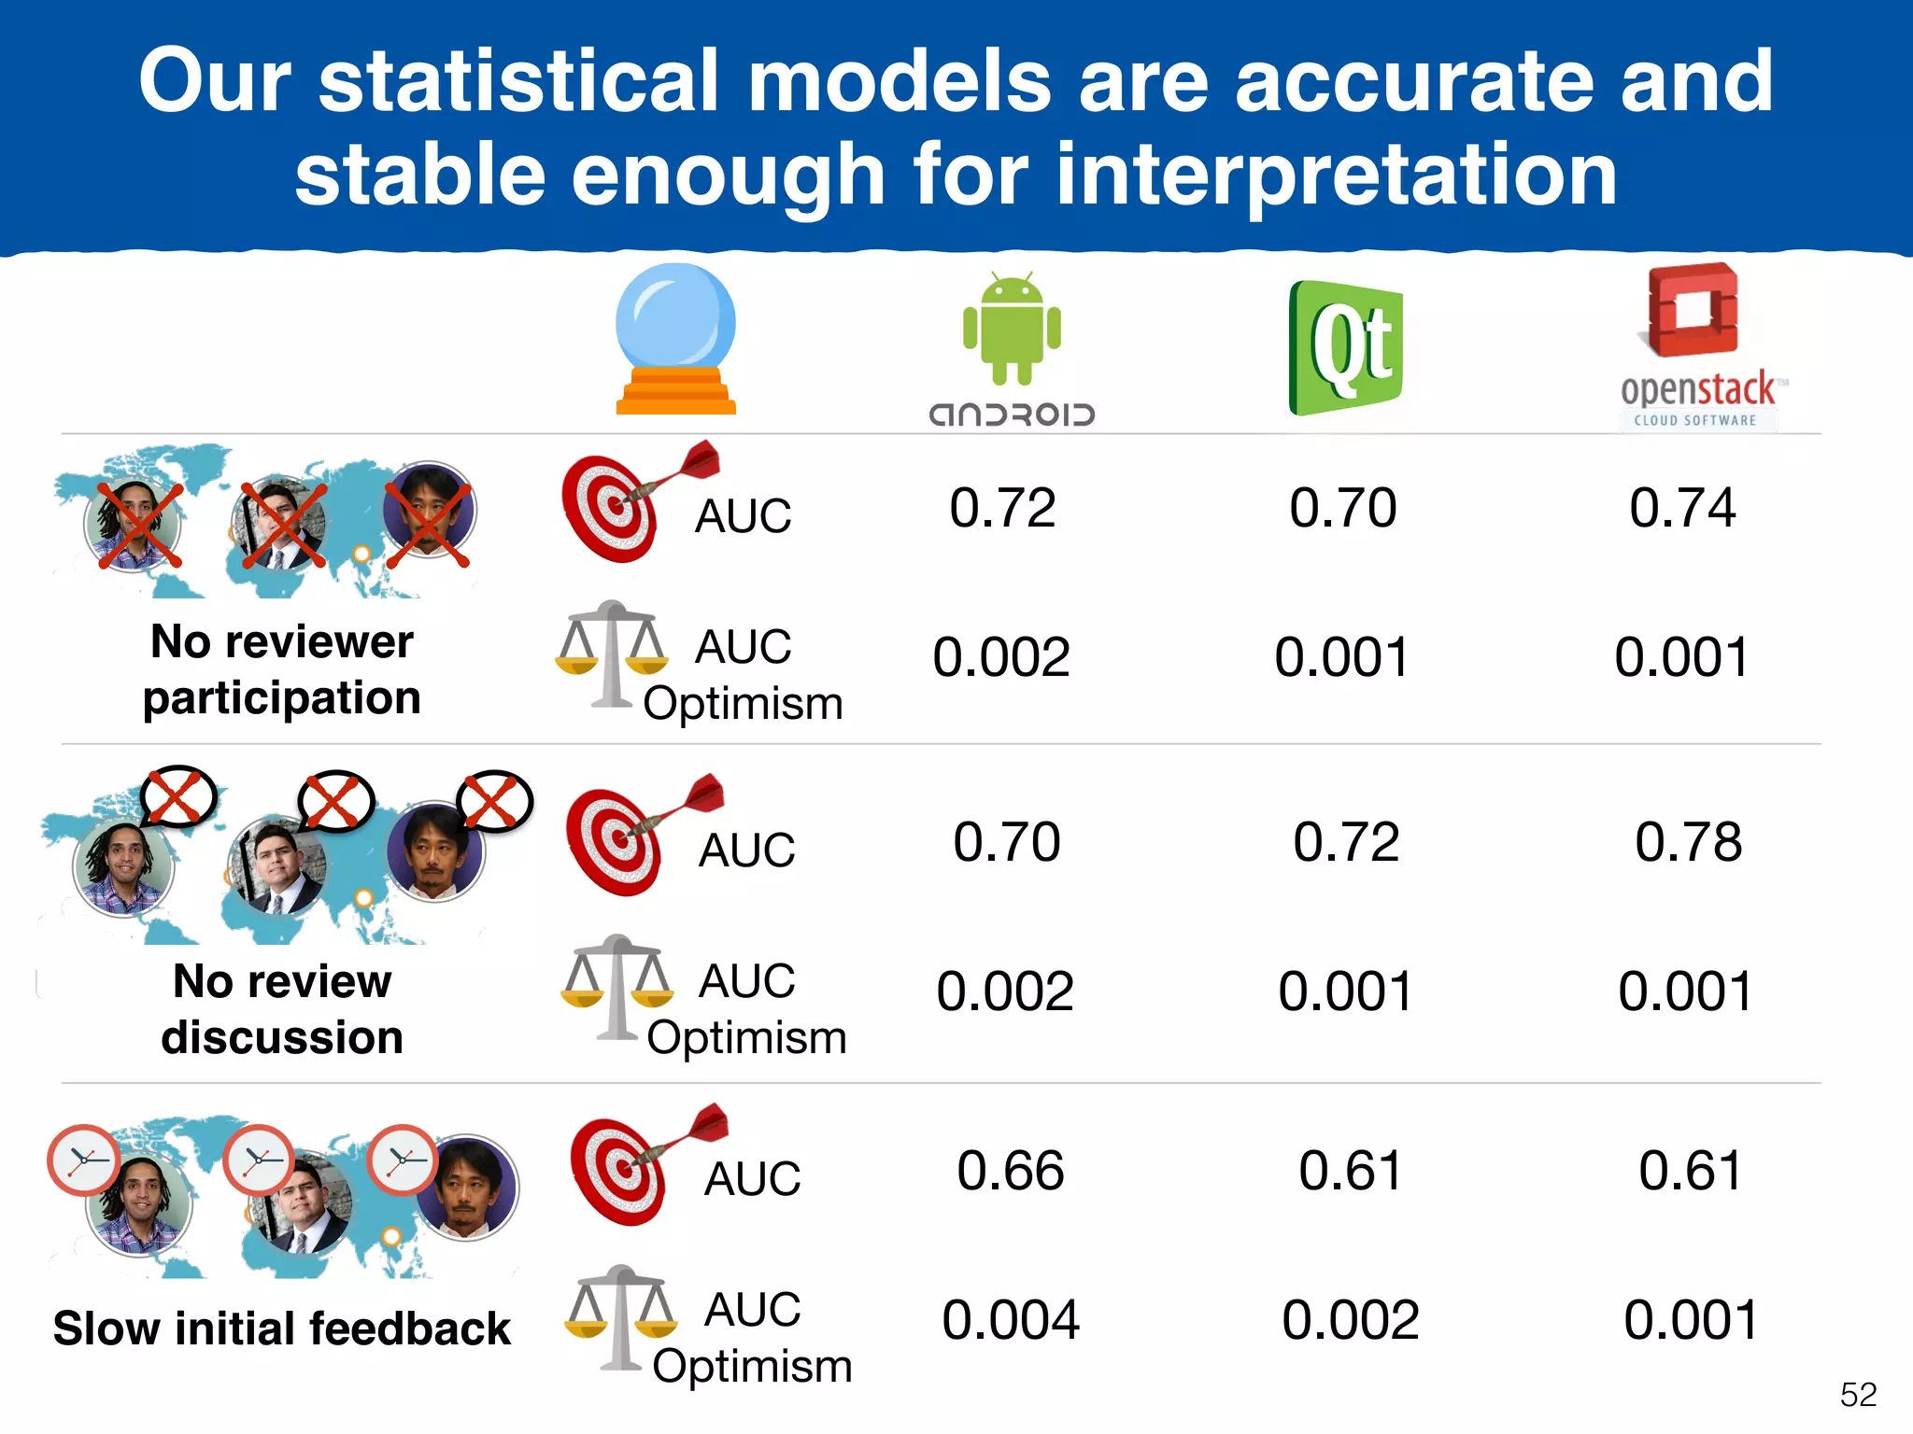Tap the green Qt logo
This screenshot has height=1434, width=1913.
point(1346,347)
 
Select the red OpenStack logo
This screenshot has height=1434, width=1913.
point(1693,311)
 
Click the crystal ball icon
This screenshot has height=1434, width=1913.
point(675,338)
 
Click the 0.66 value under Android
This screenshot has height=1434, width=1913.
point(1010,1170)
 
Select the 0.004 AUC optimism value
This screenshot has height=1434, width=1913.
point(1010,1319)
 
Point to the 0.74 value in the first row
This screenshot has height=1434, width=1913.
point(1682,508)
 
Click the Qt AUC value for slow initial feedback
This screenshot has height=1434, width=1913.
point(1350,1170)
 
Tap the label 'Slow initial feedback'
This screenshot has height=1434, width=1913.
point(282,1328)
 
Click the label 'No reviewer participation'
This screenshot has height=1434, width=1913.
point(282,669)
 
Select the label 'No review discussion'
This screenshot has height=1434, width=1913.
point(282,1009)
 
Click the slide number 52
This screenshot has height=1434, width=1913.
point(1858,1394)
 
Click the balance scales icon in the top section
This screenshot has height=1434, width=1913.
point(612,654)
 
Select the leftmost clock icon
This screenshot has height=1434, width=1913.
point(84,1160)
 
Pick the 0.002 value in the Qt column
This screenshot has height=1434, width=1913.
point(1350,1319)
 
